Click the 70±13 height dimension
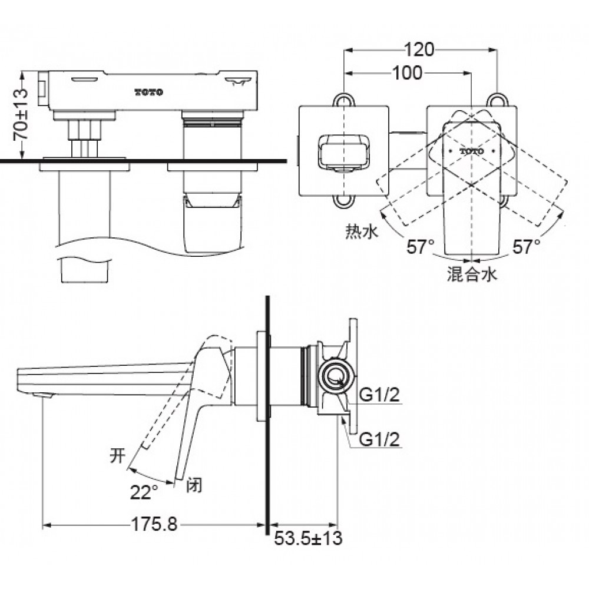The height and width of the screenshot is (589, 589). (x=19, y=115)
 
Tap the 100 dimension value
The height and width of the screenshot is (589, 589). (x=407, y=72)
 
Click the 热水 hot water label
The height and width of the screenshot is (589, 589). (x=359, y=233)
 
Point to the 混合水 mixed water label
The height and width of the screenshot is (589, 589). (x=472, y=274)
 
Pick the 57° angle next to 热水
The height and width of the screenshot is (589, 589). (x=420, y=246)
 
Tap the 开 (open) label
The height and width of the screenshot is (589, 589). (x=117, y=455)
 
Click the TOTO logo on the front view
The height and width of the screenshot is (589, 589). (x=149, y=92)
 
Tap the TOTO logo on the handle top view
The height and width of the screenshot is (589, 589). (x=471, y=151)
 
